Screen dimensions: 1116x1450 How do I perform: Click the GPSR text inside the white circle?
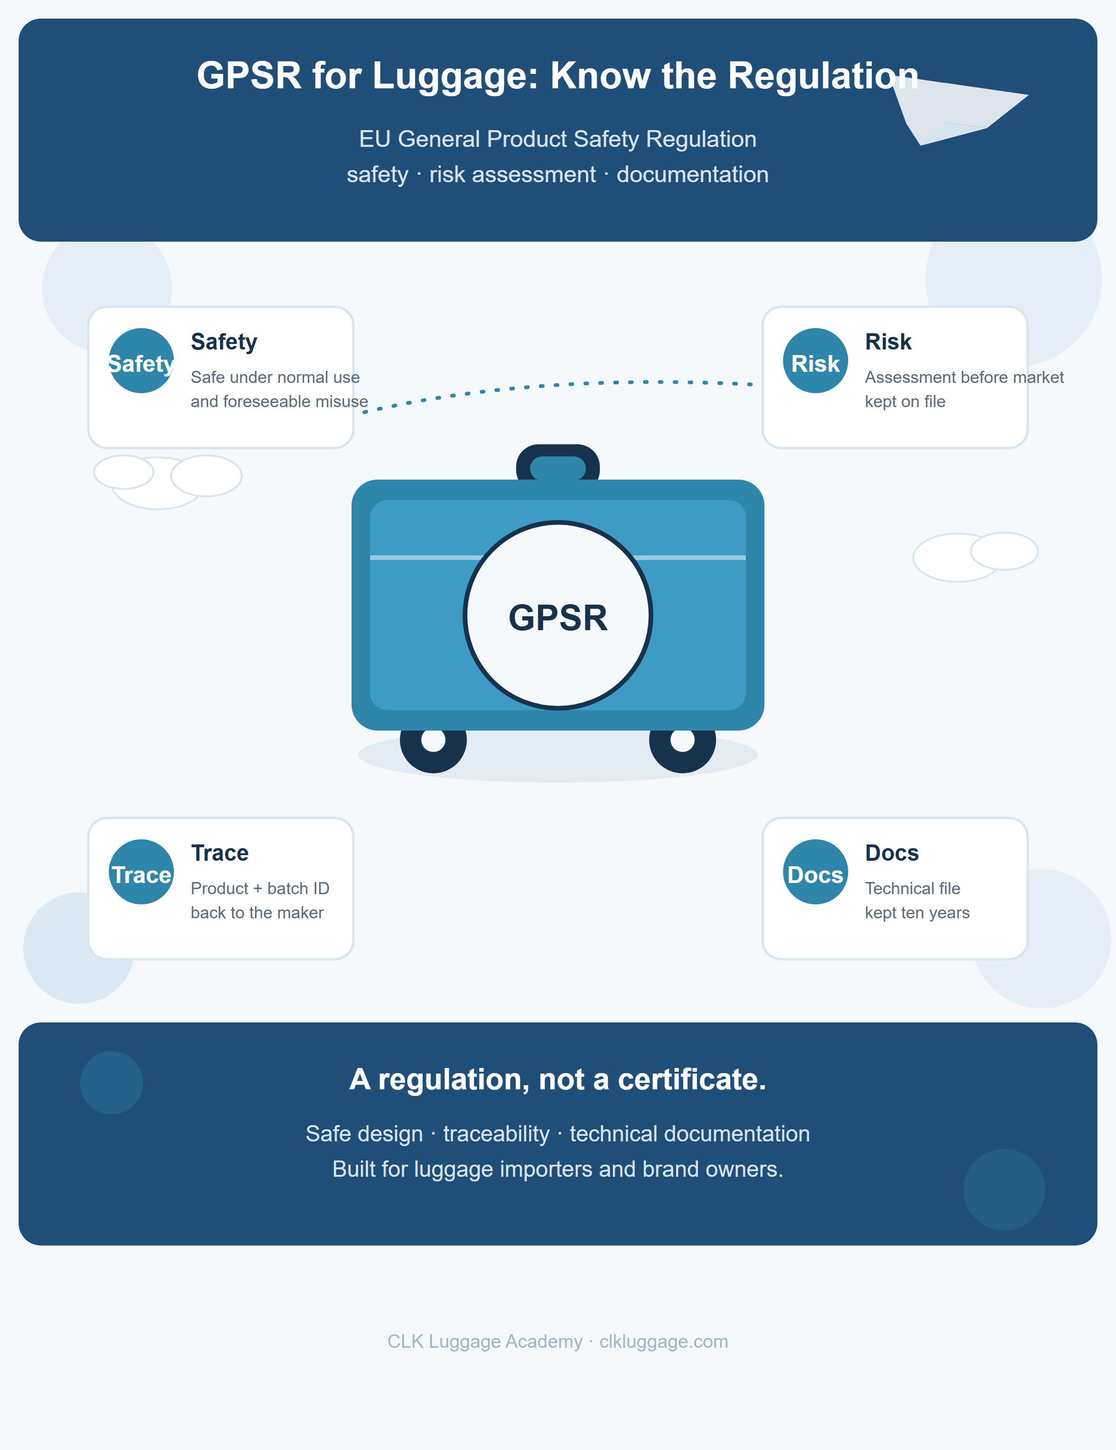click(558, 618)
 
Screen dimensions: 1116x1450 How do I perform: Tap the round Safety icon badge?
click(141, 361)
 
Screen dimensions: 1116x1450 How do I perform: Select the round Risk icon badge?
click(816, 361)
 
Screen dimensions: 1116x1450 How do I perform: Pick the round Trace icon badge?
click(141, 872)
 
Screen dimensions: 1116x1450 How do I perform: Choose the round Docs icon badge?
click(816, 872)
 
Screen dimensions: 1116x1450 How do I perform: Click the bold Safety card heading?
click(224, 342)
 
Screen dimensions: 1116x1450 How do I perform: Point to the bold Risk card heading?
click(888, 342)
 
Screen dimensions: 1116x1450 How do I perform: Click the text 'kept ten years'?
click(917, 913)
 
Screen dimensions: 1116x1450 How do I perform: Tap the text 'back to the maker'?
click(257, 913)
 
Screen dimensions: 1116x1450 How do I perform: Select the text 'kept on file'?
click(905, 402)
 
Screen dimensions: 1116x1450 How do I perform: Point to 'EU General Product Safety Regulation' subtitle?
click(558, 139)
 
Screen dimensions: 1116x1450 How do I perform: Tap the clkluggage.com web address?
click(664, 1342)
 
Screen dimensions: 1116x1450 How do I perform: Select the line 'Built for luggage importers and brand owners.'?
click(558, 1169)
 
